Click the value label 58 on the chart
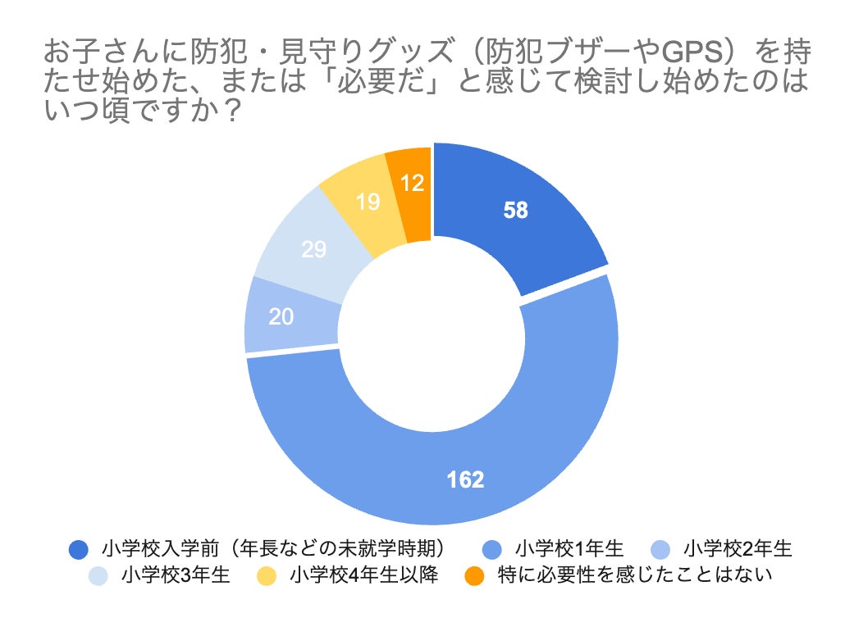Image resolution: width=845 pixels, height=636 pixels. pyautogui.click(x=516, y=210)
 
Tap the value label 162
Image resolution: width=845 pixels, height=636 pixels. pyautogui.click(x=464, y=479)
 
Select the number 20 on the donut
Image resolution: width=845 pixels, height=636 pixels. pyautogui.click(x=281, y=316)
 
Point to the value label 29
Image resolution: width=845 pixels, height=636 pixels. pyautogui.click(x=313, y=250)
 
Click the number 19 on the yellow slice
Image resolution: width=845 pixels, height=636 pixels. pyautogui.click(x=368, y=202)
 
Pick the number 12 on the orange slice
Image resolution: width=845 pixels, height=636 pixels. pyautogui.click(x=412, y=184)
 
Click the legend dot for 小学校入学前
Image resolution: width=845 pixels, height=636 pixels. pyautogui.click(x=79, y=549)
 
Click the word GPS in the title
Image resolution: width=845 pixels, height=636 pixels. pyautogui.click(x=692, y=53)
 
